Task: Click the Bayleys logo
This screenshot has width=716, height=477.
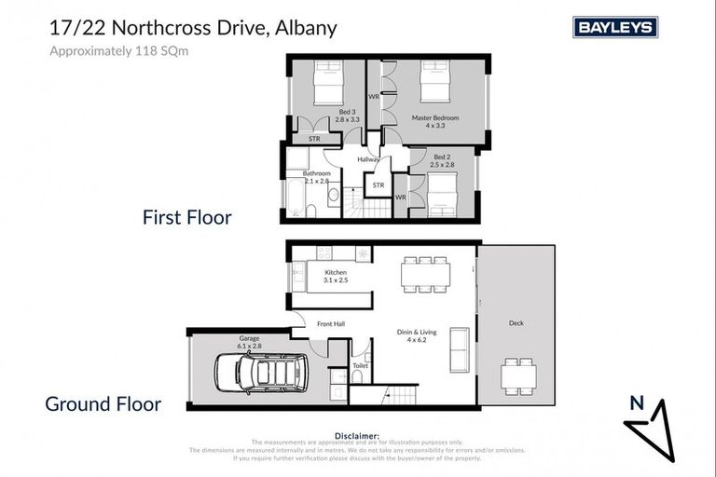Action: [615, 27]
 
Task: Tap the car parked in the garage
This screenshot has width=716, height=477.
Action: [262, 372]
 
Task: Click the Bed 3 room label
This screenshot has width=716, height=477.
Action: [347, 116]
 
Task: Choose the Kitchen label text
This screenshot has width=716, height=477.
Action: [336, 276]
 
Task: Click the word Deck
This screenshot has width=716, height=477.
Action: [516, 323]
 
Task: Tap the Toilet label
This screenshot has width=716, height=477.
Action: [360, 366]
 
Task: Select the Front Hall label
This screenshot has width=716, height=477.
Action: [331, 324]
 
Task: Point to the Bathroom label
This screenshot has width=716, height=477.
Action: [317, 177]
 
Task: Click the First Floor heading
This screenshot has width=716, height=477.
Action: [186, 217]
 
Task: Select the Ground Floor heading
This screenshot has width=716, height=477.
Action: [103, 404]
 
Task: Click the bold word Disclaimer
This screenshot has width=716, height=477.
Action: [358, 434]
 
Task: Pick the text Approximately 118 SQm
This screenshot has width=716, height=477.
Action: [118, 51]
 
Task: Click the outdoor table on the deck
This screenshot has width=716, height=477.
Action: [518, 375]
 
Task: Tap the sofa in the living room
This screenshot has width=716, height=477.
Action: [458, 348]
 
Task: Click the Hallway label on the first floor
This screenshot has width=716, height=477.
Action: [368, 160]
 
